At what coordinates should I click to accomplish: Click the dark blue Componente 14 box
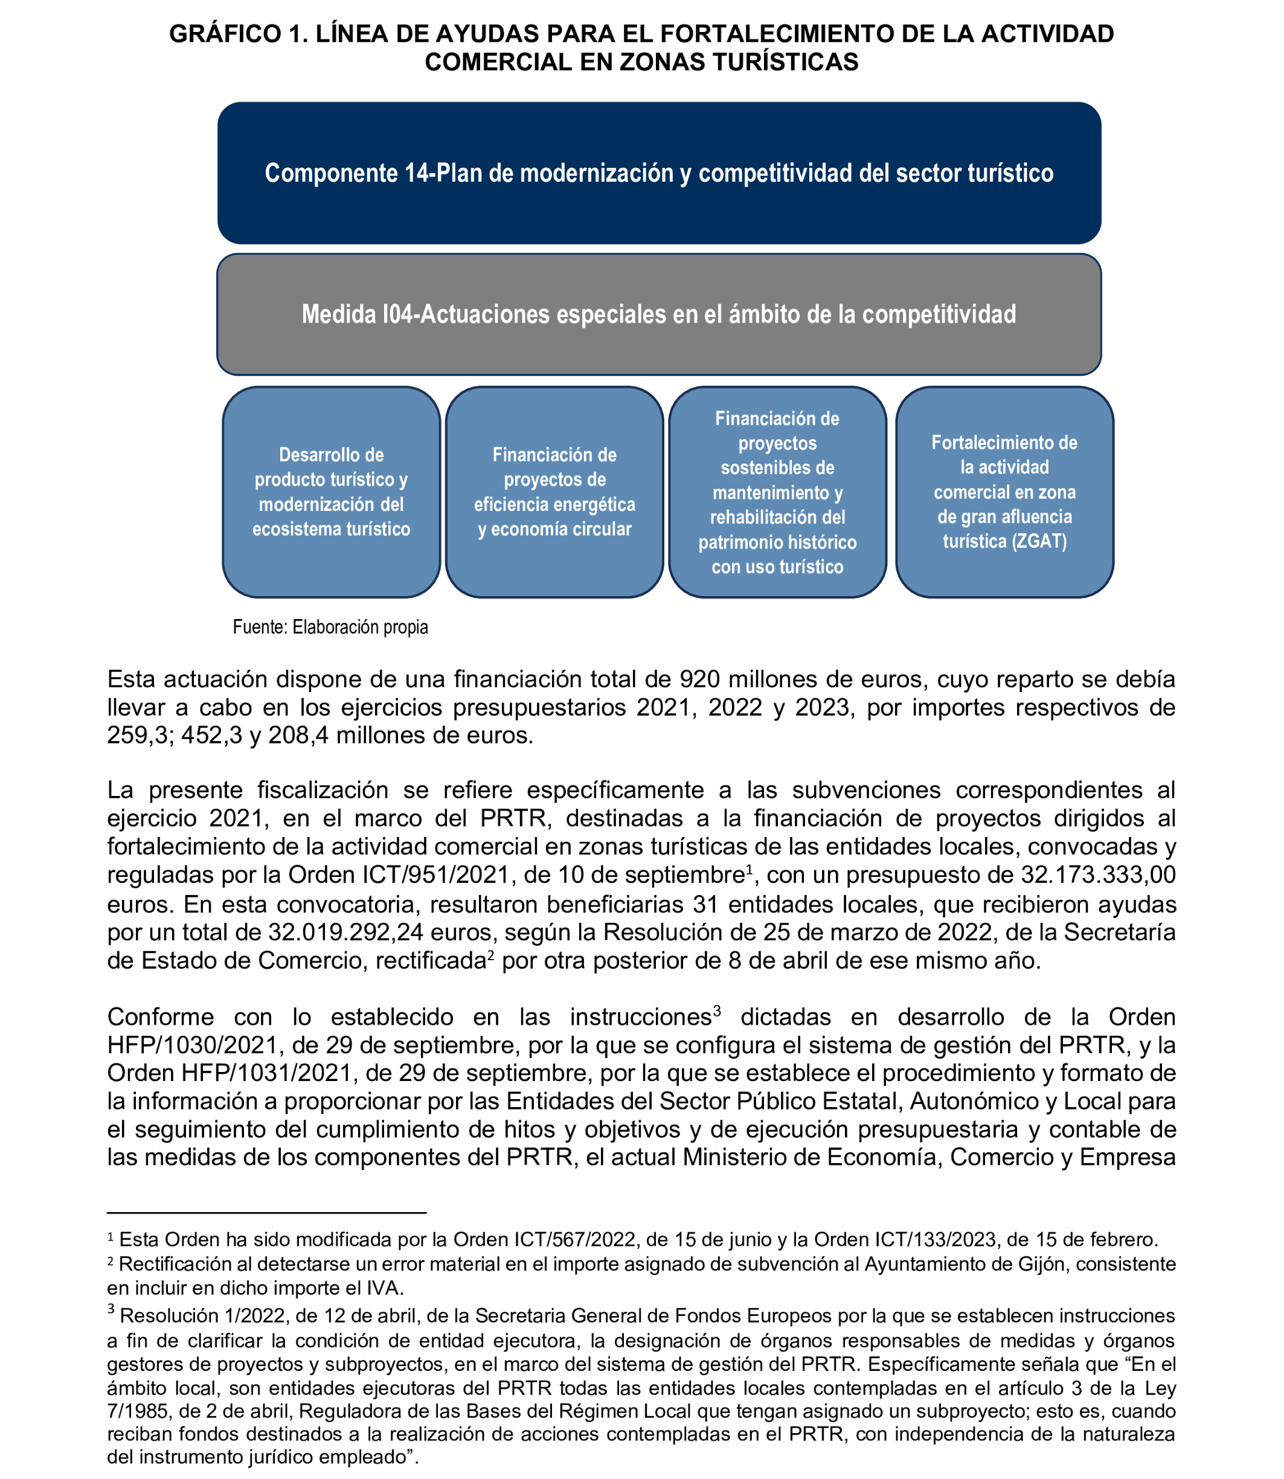click(658, 173)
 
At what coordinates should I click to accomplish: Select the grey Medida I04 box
click(658, 314)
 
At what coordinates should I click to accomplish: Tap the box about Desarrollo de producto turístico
click(331, 492)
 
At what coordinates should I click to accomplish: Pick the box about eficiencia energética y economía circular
click(554, 492)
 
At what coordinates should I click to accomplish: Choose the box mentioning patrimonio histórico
click(777, 492)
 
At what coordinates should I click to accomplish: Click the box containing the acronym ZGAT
click(1004, 492)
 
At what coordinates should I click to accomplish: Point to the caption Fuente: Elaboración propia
click(330, 627)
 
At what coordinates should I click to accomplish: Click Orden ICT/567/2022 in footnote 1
click(527, 1239)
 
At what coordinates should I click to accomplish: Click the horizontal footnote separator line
click(266, 1213)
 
